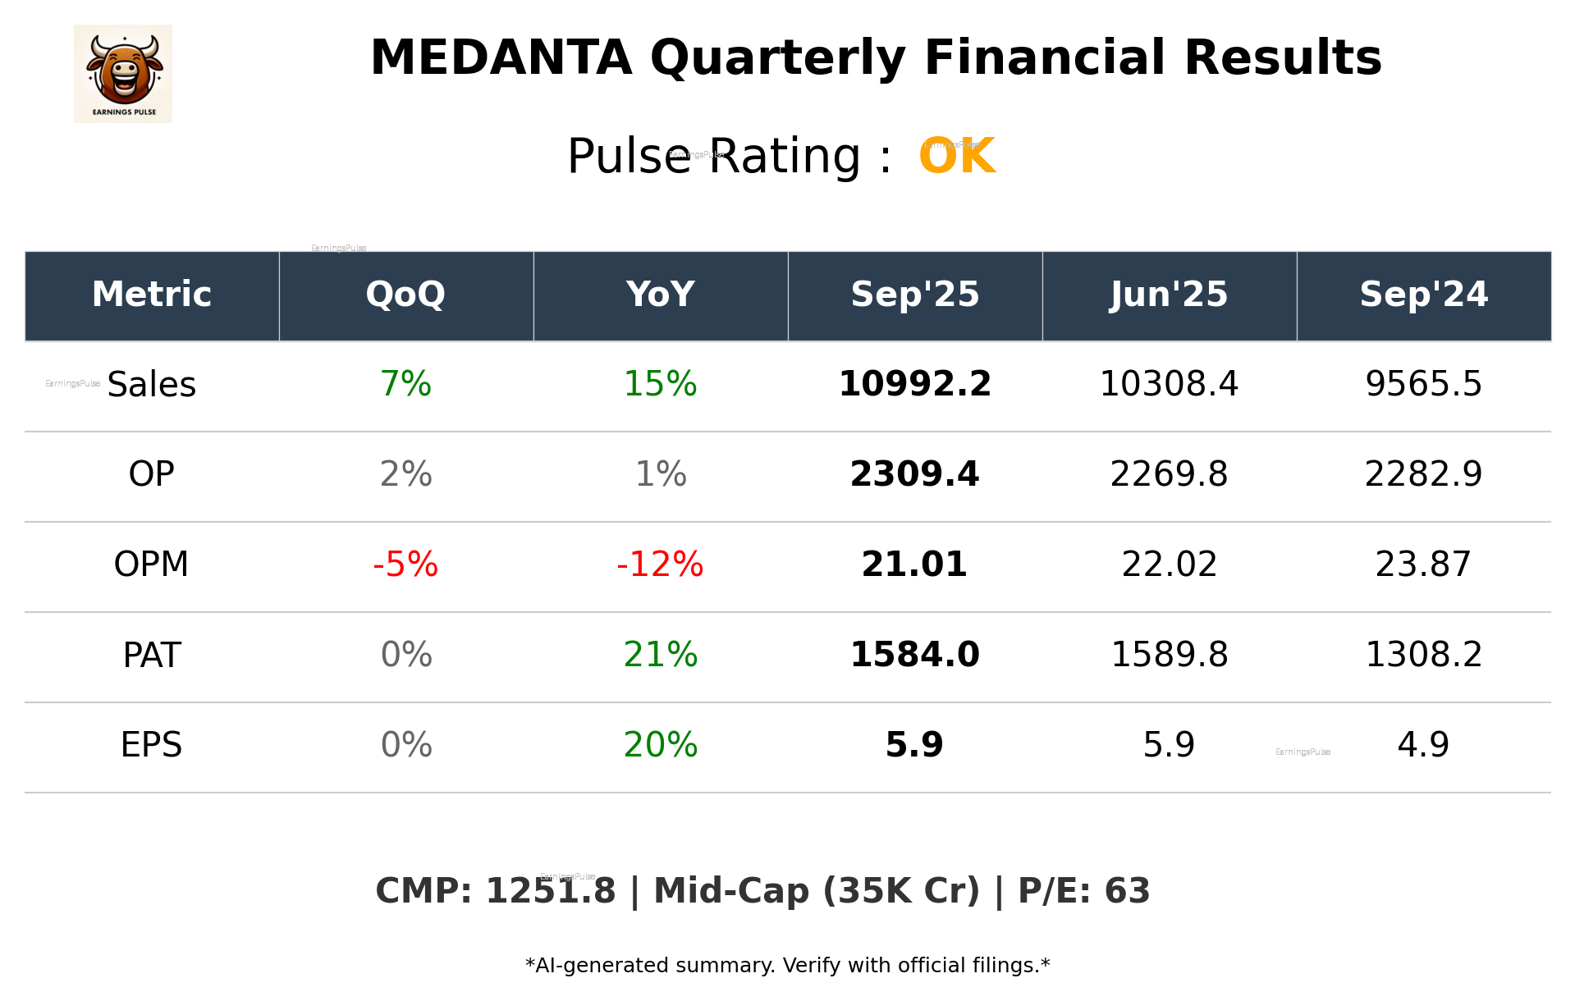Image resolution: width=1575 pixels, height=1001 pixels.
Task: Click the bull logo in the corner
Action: coord(123,74)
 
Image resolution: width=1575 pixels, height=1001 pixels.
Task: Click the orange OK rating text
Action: coord(957,156)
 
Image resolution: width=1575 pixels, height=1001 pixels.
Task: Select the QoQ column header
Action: coord(405,295)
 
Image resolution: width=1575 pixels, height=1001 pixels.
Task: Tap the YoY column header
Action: coord(660,295)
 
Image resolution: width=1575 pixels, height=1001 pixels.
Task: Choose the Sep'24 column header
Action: coord(1423,295)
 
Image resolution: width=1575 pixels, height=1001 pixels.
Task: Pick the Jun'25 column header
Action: coord(1169,295)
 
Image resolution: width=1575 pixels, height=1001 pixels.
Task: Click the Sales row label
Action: coord(152,385)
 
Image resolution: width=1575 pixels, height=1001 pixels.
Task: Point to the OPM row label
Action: coord(151,564)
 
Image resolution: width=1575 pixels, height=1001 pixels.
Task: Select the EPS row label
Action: coord(151,745)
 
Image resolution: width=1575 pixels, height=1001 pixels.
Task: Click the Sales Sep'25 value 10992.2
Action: coord(914,385)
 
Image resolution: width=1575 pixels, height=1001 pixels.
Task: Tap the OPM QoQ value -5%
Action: coord(405,564)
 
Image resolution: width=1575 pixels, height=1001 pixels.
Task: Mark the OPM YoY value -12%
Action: coord(660,564)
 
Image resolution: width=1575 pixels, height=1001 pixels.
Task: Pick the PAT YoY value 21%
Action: coord(660,655)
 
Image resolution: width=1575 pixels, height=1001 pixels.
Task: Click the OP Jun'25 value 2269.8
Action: coord(1169,474)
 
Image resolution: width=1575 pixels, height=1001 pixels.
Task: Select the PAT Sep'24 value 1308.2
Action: coord(1423,655)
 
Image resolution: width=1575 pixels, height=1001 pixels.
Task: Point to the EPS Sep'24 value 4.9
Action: coord(1423,745)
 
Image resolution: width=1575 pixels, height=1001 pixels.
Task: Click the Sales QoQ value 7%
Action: coord(405,385)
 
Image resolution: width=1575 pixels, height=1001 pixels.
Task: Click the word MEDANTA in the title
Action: coord(501,58)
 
